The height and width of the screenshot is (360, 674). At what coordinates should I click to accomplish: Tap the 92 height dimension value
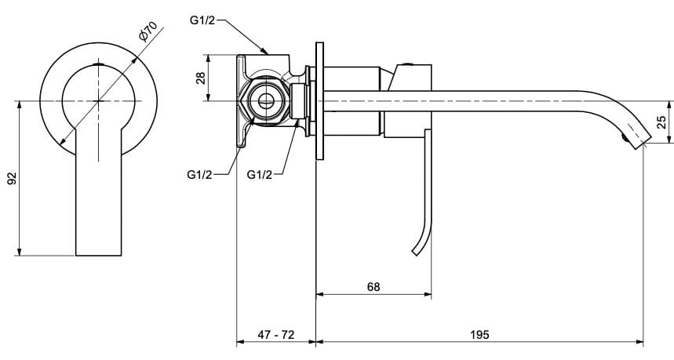point(11,178)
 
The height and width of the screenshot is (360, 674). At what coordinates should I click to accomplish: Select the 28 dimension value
point(201,78)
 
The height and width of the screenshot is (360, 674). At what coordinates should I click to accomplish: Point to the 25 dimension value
point(661,122)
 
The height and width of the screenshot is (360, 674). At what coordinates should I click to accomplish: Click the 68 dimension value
point(373,287)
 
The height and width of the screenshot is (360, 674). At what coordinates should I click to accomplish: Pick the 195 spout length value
point(479,334)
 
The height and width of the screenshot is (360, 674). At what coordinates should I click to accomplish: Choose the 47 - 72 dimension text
point(276,334)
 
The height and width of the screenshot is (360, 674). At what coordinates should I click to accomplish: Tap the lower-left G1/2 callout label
point(200,174)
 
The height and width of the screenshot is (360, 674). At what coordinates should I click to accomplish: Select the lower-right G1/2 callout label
point(259,174)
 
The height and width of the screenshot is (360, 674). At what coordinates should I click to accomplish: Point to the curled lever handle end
point(416,250)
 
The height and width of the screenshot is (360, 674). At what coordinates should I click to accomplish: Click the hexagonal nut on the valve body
point(264,100)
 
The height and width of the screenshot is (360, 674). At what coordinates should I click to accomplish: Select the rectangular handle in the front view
point(99,204)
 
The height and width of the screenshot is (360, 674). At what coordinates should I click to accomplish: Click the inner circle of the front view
point(99,100)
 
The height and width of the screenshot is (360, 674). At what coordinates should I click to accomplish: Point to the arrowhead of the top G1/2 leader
point(267,53)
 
